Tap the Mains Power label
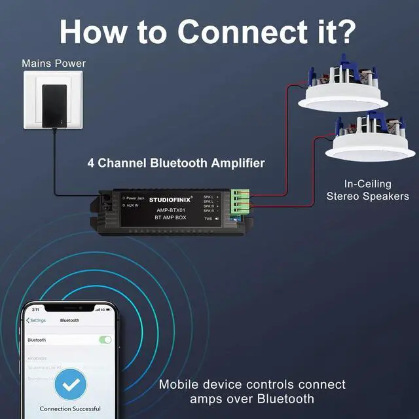click(x=54, y=64)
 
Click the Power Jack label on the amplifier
click(x=135, y=198)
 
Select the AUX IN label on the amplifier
click(x=133, y=206)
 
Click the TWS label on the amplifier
click(x=208, y=219)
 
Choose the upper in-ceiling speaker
click(x=343, y=92)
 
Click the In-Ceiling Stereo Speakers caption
click(x=368, y=190)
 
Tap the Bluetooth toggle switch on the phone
click(x=105, y=340)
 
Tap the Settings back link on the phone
click(x=36, y=320)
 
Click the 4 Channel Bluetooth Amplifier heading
click(x=176, y=163)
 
